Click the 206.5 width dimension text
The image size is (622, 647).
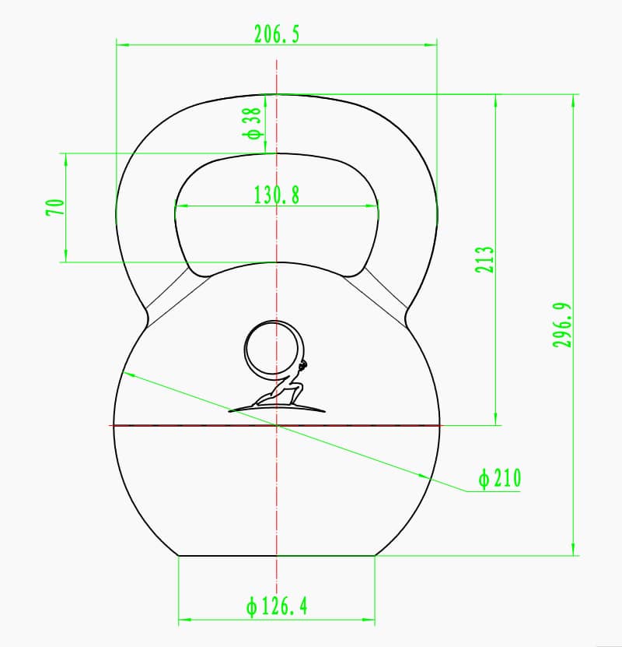[x=276, y=34]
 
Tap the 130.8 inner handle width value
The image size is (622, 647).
[x=277, y=195]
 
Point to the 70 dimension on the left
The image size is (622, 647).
[x=54, y=207]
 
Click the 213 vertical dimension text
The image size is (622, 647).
[x=484, y=259]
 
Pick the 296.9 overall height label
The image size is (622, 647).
[x=563, y=325]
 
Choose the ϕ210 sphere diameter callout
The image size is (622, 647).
[x=499, y=478]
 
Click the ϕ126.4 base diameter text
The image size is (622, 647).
[x=277, y=606]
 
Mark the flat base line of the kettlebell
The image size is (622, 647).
[x=277, y=555]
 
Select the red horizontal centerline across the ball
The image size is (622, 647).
[x=194, y=425]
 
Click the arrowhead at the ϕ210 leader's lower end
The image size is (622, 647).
[x=423, y=476]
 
